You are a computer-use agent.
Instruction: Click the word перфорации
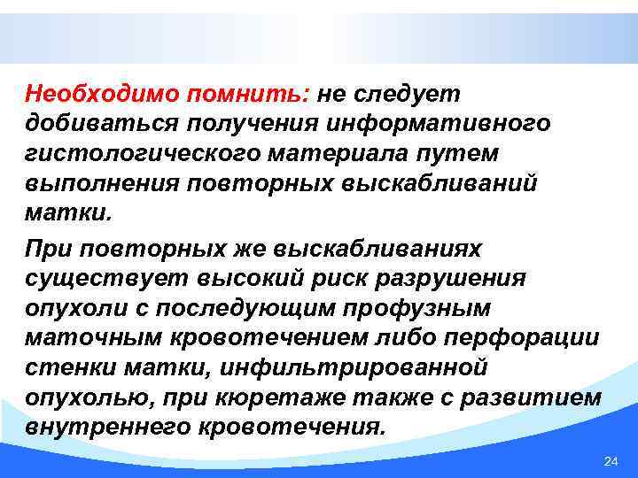(x=536, y=338)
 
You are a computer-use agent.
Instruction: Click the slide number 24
(x=610, y=462)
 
